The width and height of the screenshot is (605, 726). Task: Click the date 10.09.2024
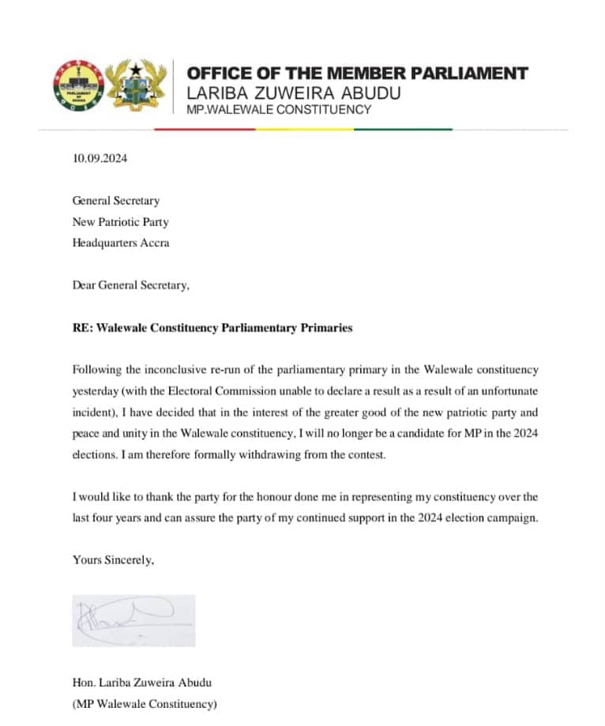(100, 158)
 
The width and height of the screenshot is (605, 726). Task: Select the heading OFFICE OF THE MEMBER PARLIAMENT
(357, 73)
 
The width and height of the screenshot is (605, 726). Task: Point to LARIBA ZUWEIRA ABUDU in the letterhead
(293, 93)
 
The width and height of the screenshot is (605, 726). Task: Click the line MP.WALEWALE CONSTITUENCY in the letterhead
(278, 110)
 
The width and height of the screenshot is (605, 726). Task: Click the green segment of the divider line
(403, 129)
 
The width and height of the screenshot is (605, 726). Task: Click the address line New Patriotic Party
(120, 222)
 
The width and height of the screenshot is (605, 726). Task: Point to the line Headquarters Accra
(121, 243)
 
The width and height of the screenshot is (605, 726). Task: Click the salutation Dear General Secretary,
(131, 285)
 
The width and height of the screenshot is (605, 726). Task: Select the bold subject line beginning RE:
(212, 328)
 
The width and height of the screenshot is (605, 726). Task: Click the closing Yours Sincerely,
(113, 560)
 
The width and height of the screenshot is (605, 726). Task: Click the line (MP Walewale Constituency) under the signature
(144, 703)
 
